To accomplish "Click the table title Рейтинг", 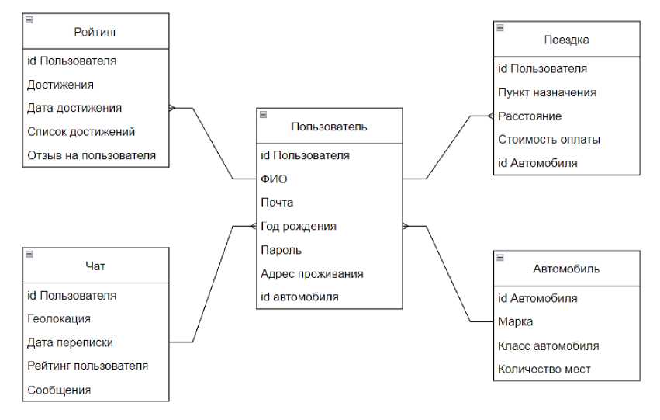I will pyautogui.click(x=95, y=32).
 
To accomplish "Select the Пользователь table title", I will pyautogui.click(x=329, y=127).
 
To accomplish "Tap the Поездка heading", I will pyautogui.click(x=567, y=40).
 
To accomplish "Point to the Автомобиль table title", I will pyautogui.click(x=566, y=269).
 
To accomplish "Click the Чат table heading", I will pyautogui.click(x=95, y=266).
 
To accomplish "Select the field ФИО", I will pyautogui.click(x=274, y=179).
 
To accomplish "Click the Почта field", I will pyautogui.click(x=277, y=203).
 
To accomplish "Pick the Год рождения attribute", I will pyautogui.click(x=299, y=227).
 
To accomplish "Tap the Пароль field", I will pyautogui.click(x=281, y=250).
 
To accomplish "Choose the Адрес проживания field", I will pyautogui.click(x=312, y=273).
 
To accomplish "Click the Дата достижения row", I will pyautogui.click(x=74, y=108).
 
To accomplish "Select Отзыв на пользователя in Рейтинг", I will pyautogui.click(x=92, y=155).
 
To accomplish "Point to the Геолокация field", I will pyautogui.click(x=59, y=318).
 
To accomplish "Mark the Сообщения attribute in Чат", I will pyautogui.click(x=59, y=390).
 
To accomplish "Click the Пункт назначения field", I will pyautogui.click(x=547, y=92).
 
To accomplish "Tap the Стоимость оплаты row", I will pyautogui.click(x=549, y=140).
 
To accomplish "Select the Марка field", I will pyautogui.click(x=515, y=321).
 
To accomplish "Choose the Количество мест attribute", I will pyautogui.click(x=544, y=369).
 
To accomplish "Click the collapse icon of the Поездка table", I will pyautogui.click(x=500, y=28).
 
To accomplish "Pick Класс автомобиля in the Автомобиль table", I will pyautogui.click(x=548, y=345).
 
